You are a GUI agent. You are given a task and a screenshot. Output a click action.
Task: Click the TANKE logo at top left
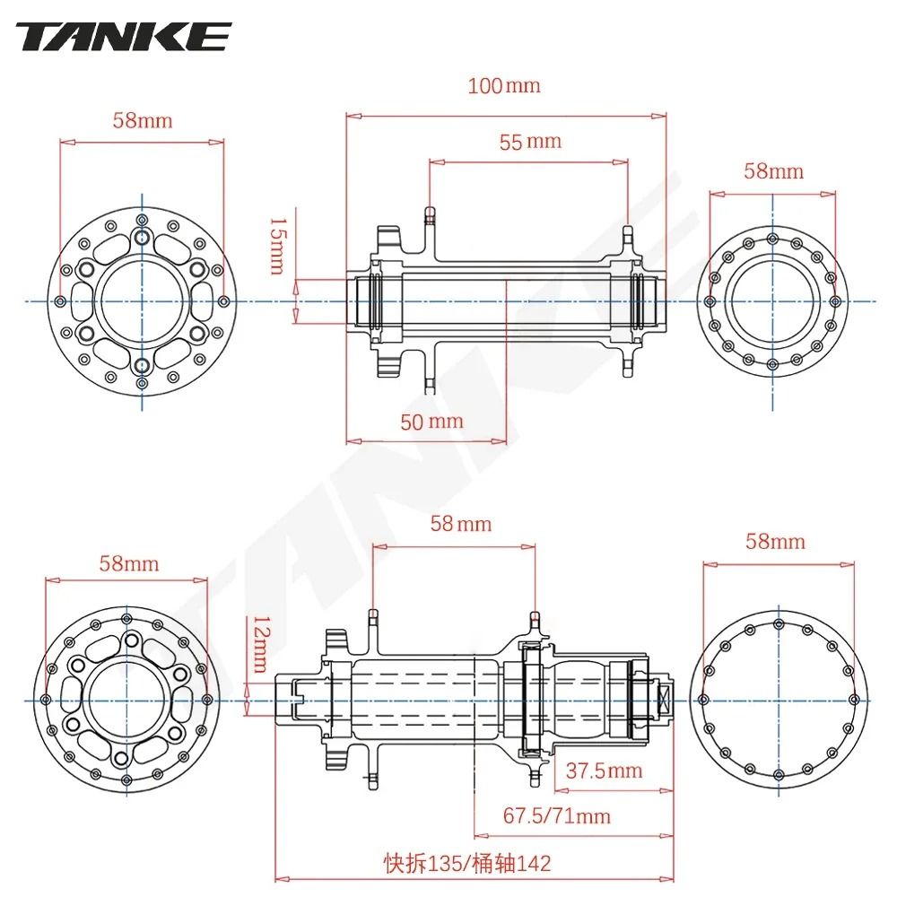tap(124, 37)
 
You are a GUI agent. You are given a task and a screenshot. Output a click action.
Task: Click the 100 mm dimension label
tap(504, 86)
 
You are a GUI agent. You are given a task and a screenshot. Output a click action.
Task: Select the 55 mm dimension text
tap(530, 141)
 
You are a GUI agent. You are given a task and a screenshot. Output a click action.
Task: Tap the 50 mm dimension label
tap(432, 421)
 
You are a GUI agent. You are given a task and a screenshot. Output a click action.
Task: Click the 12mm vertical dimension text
tap(259, 643)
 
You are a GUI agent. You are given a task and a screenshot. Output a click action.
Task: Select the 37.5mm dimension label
tap(605, 770)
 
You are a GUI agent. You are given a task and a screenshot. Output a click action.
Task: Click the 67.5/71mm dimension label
tap(556, 815)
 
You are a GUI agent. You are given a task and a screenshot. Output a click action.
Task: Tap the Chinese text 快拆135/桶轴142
tap(466, 863)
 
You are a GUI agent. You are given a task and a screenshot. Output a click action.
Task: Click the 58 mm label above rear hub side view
tap(461, 523)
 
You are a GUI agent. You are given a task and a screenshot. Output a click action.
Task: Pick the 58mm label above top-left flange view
tap(142, 120)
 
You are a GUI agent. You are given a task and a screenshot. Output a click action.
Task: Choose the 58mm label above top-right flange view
tap(773, 170)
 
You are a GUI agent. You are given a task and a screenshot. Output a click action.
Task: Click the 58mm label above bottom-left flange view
tap(128, 563)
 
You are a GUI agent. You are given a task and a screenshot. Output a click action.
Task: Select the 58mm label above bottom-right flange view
tap(775, 541)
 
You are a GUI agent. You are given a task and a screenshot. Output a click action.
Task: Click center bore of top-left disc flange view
tap(142, 301)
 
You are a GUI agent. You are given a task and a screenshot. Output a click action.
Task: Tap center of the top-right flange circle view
tap(772, 301)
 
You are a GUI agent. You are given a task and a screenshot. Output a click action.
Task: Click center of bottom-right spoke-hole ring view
tap(778, 700)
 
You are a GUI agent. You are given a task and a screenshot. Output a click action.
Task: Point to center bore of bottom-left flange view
tap(126, 700)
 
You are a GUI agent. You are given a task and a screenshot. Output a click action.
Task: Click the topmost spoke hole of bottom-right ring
tap(778, 620)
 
